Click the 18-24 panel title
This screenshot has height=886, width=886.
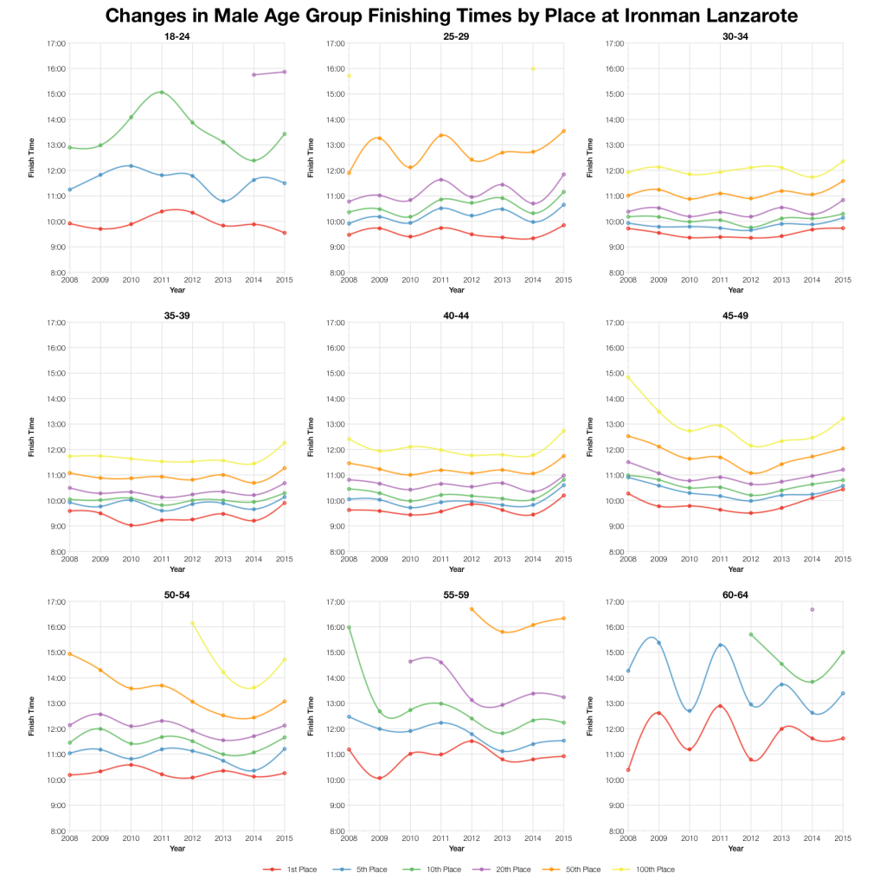pos(177,36)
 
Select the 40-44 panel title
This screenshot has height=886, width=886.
pos(457,316)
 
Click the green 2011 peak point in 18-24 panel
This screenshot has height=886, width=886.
pos(162,93)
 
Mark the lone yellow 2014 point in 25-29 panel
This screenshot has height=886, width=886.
pos(533,68)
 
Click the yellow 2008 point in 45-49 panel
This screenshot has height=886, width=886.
pos(628,377)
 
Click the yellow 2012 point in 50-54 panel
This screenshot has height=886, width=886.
pos(192,623)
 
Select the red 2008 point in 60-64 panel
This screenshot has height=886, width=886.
pos(628,769)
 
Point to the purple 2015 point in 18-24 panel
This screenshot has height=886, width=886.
pos(285,72)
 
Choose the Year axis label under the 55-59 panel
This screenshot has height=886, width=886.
pos(457,849)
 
